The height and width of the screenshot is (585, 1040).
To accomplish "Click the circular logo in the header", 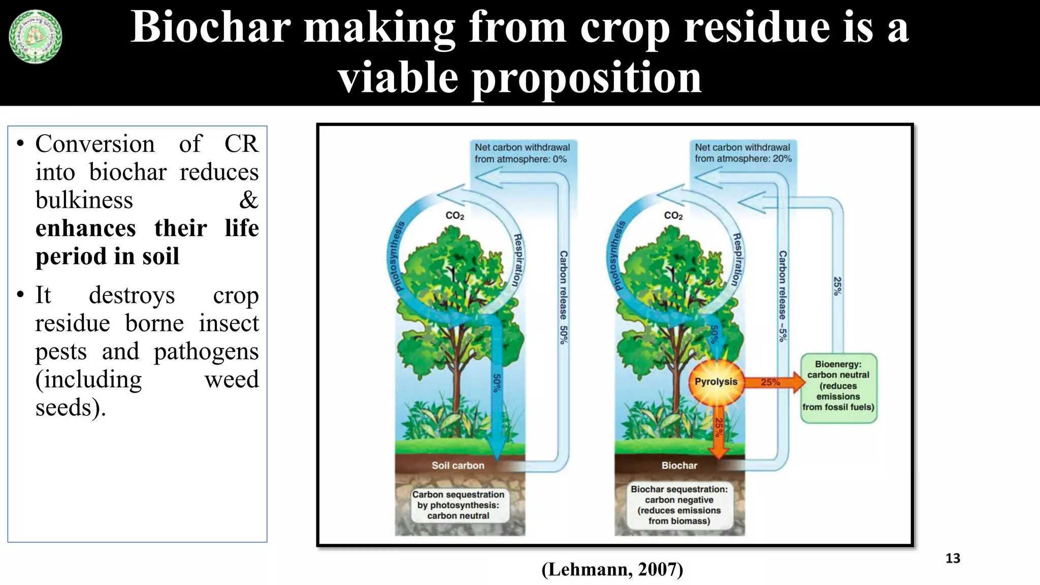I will click(x=35, y=37).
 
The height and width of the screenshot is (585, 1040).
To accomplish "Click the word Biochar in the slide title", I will click(x=210, y=27).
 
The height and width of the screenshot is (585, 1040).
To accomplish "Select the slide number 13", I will click(x=953, y=559).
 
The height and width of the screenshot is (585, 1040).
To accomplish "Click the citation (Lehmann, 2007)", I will click(x=612, y=569).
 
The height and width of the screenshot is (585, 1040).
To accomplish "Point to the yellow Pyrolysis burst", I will click(x=716, y=382).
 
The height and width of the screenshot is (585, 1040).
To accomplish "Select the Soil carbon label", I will click(x=458, y=465).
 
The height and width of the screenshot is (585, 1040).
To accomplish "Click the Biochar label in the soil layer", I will click(x=679, y=465).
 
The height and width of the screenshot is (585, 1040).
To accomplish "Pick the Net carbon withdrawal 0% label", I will click(x=522, y=153).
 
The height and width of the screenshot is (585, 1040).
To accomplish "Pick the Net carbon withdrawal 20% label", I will click(x=743, y=153).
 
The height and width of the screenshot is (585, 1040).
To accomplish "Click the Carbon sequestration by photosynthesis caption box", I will click(x=458, y=505).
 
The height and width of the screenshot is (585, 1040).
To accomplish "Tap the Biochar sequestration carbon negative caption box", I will click(x=679, y=505).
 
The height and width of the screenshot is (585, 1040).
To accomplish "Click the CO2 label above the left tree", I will click(x=454, y=216).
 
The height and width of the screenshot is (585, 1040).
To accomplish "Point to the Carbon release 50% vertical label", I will click(x=563, y=297).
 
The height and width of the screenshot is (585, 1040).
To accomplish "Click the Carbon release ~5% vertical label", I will click(x=783, y=296).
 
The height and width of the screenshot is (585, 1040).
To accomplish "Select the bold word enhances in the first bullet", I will click(x=85, y=228).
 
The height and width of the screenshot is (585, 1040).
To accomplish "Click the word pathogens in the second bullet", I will click(x=206, y=351).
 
